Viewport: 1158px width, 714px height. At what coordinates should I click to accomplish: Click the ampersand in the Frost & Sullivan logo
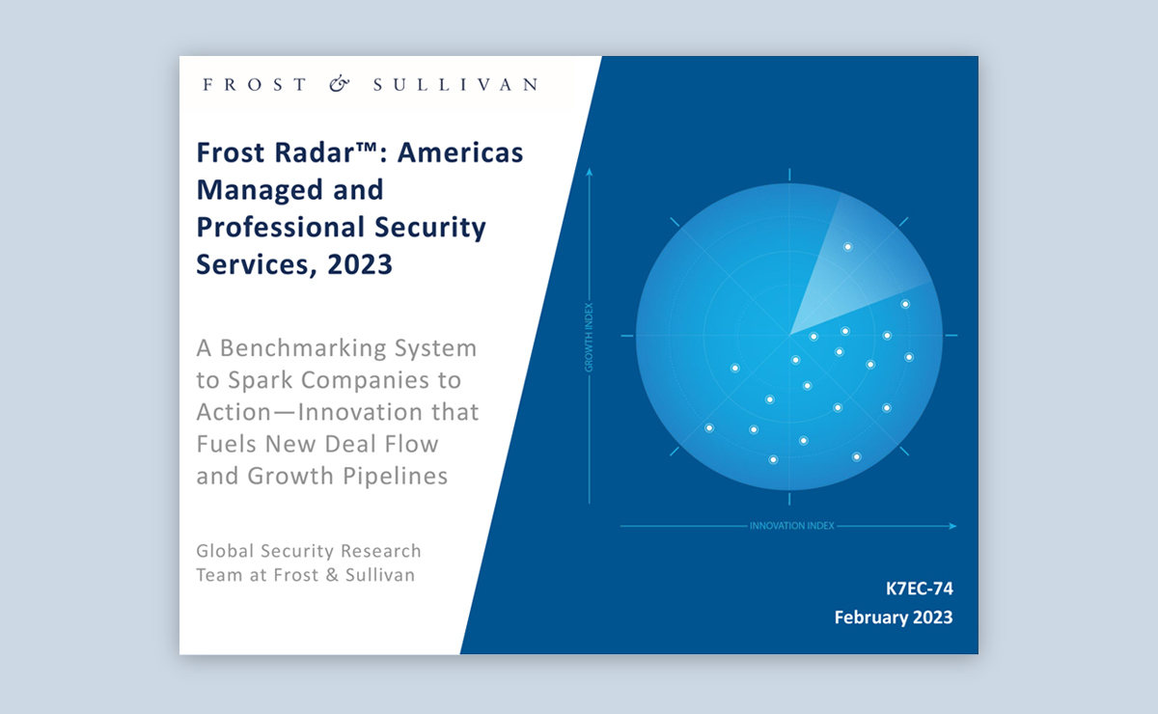coord(340,84)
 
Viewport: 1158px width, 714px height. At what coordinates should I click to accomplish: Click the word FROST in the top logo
coord(255,84)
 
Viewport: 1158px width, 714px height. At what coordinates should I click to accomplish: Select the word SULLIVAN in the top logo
coord(455,84)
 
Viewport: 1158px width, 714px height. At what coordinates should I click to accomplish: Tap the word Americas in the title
coord(460,152)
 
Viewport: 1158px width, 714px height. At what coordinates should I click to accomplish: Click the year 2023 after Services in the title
coord(360,264)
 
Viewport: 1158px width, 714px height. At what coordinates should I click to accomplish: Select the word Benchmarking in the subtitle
coord(303,348)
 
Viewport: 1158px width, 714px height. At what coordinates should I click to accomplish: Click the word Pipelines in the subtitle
coord(395,477)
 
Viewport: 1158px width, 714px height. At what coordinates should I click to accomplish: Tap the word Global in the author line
coord(225,551)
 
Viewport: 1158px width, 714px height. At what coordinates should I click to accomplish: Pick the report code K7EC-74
coord(919,589)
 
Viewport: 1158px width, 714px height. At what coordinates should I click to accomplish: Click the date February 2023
coord(894,618)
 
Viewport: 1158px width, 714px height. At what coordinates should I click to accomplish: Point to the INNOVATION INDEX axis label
coord(792,526)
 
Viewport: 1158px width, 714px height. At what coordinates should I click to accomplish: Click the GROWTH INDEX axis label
coord(589,337)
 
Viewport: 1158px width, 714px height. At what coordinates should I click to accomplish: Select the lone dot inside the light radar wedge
coord(848,247)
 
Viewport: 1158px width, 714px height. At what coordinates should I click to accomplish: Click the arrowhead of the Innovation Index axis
coord(952,526)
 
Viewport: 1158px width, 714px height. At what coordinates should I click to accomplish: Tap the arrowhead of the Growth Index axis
coord(589,172)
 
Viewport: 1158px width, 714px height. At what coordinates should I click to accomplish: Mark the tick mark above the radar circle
coord(789,175)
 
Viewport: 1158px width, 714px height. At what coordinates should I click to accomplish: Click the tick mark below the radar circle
coord(789,499)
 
